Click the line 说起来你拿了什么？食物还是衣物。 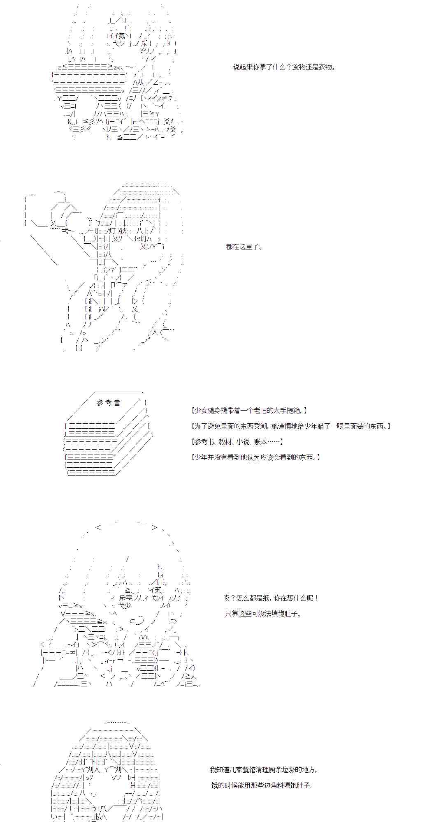tap(284, 67)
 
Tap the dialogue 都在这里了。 tap(244, 247)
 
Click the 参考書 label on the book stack tap(109, 403)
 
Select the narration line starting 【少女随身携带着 tap(249, 410)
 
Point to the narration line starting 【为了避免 tap(291, 426)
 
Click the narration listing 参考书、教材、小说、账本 tap(237, 441)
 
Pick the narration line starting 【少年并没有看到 tap(256, 457)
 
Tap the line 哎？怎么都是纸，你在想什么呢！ tap(271, 598)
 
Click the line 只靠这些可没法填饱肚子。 tap(263, 614)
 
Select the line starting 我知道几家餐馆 tap(263, 770)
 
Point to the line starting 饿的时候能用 tap(262, 785)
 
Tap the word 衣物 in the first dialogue tap(324, 67)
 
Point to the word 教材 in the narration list tap(225, 441)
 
